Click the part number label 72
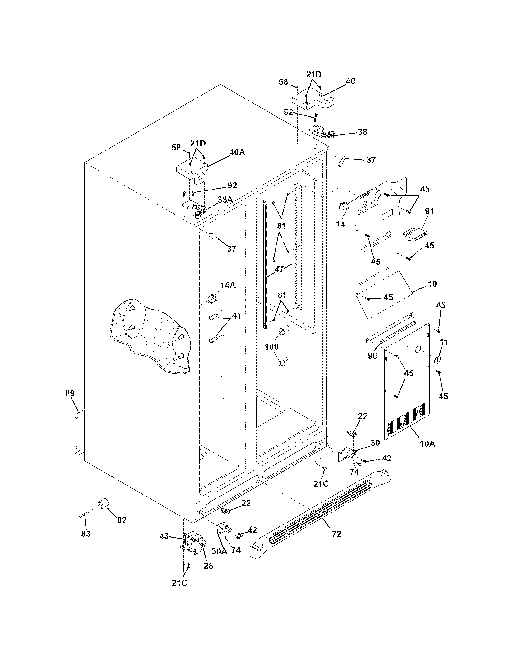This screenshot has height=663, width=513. click(x=337, y=533)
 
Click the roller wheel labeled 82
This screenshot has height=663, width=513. click(x=103, y=504)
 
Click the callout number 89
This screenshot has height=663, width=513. click(x=70, y=393)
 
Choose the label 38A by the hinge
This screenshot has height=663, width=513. click(x=225, y=200)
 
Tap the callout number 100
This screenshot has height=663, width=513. click(x=272, y=346)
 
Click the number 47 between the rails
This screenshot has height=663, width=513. click(x=279, y=269)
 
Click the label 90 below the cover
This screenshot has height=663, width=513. click(x=373, y=356)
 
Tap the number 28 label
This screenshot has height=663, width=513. click(x=209, y=566)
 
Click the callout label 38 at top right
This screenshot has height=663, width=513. click(x=362, y=132)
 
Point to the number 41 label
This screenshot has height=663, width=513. click(x=237, y=316)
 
